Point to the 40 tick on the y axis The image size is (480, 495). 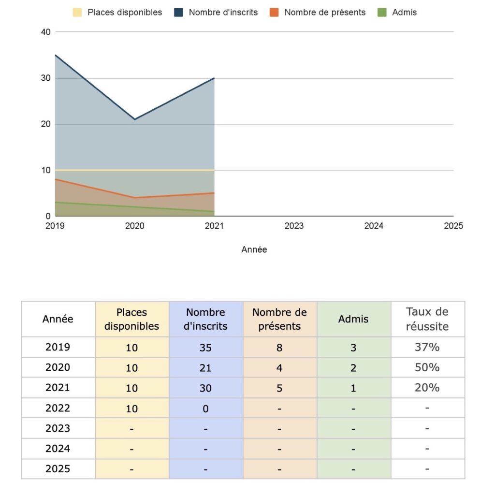tap(46, 32)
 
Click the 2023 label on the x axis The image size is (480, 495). tap(294, 226)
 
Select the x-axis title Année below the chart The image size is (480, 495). tap(254, 250)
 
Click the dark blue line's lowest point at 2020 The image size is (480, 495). tap(135, 119)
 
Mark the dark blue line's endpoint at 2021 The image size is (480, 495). tap(214, 78)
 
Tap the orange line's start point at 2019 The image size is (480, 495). tap(56, 179)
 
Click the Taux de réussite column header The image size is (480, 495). tap(427, 319)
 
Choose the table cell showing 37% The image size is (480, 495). tap(427, 347)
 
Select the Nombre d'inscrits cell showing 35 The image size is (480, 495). tap(205, 347)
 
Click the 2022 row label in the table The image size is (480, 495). tap(58, 408)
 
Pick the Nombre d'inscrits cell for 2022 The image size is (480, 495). tap(205, 408)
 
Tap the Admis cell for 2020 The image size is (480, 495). tap(353, 368)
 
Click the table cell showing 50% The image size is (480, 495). tap(427, 367)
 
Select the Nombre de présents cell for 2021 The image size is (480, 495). tap(279, 388)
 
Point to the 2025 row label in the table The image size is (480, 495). tap(58, 469)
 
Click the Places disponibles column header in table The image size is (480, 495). tap(132, 319)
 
